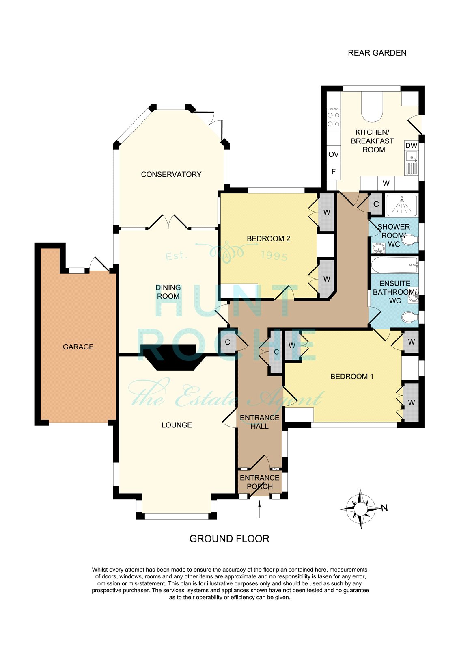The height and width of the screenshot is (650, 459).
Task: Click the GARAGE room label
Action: [78, 347]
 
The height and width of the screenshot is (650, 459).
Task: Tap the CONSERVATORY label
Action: [171, 174]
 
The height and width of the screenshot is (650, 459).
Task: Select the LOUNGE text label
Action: [177, 425]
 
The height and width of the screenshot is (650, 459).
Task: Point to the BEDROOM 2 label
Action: [268, 239]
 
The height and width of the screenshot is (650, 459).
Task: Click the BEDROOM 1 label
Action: [352, 377]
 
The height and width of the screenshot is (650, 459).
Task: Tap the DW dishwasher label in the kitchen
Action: [411, 146]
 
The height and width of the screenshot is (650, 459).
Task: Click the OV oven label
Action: [334, 154]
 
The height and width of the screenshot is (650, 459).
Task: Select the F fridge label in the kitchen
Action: [334, 171]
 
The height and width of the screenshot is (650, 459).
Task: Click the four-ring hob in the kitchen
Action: [334, 119]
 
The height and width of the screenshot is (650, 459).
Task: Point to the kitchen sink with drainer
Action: [412, 163]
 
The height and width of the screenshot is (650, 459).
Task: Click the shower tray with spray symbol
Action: [401, 205]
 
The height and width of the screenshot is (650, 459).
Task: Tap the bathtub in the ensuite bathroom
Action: [394, 265]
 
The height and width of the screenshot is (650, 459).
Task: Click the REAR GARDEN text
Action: [377, 53]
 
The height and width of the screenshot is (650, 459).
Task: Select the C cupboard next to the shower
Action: [376, 204]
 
